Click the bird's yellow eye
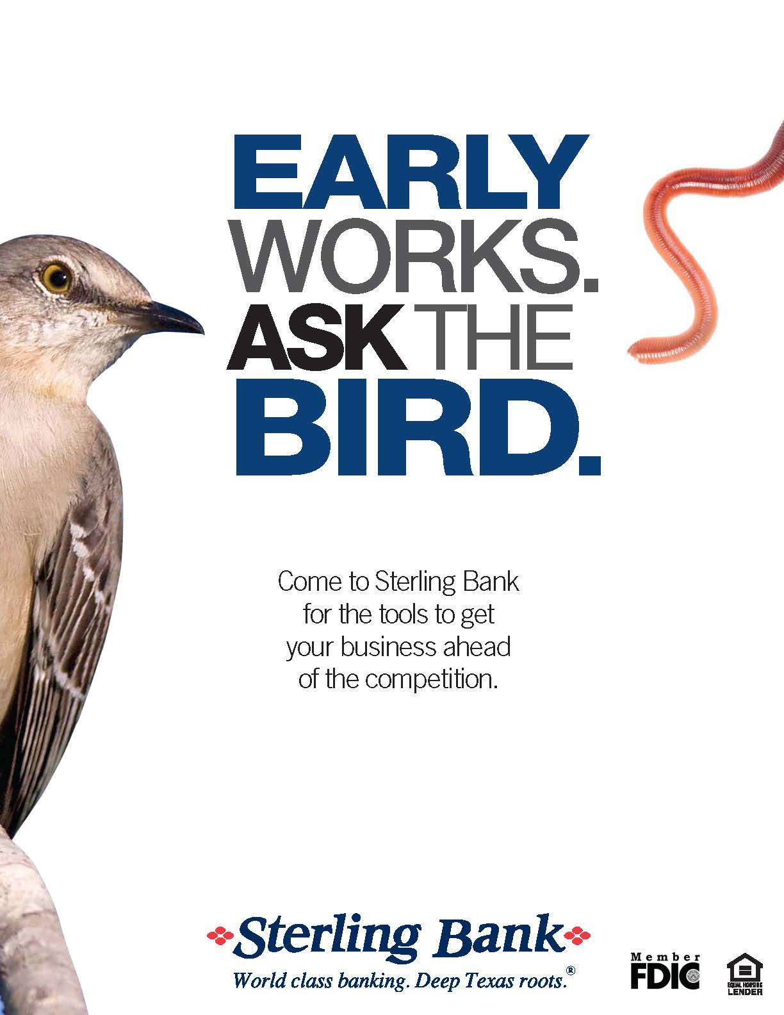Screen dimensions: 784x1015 coord(56,278)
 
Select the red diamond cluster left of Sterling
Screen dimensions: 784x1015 coord(220,935)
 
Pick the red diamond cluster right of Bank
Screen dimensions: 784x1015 coord(578,935)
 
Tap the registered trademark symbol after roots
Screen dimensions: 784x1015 coord(571,971)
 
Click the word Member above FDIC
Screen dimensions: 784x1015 coord(665,957)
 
